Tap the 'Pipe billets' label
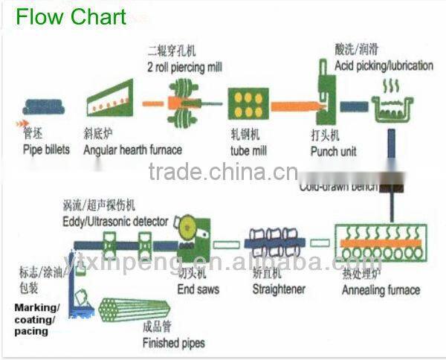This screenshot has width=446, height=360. [x=46, y=150]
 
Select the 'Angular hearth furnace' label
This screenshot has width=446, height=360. [x=132, y=150]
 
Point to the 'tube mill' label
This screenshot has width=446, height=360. [x=251, y=151]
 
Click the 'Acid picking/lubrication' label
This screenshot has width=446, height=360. [x=384, y=65]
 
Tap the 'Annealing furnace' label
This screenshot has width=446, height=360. [x=381, y=290]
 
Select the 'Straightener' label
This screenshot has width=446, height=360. [x=278, y=289]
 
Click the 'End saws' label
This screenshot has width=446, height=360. [x=198, y=289]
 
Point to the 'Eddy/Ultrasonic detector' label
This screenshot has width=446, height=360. [x=116, y=222]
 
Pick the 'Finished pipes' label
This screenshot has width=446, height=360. [x=173, y=344]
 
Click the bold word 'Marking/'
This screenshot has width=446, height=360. [x=37, y=307]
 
